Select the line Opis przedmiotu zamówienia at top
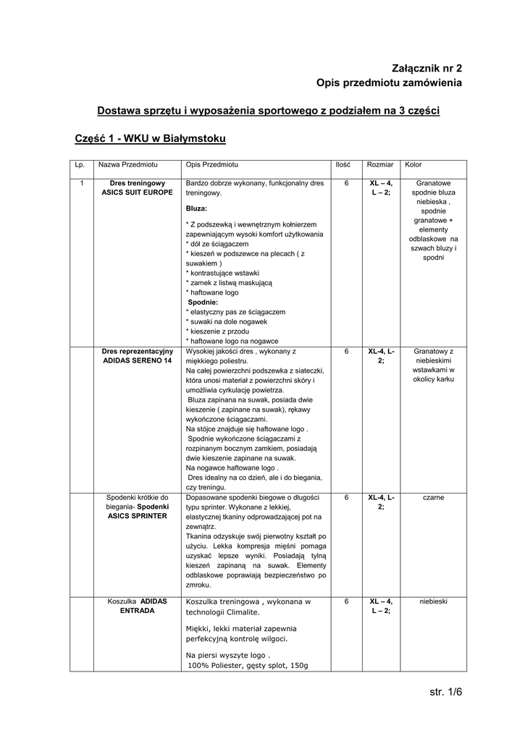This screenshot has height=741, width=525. tap(389, 83)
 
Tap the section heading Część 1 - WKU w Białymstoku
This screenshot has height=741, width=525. tap(151, 137)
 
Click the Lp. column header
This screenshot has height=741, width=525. tap(80, 166)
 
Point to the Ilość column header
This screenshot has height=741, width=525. tap(343, 166)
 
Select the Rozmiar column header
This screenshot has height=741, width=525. tap(380, 166)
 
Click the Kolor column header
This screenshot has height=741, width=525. tap(413, 166)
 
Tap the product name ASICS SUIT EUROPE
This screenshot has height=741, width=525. tap(138, 193)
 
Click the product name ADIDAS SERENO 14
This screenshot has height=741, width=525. tap(138, 360)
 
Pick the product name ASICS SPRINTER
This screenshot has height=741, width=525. tap(138, 517)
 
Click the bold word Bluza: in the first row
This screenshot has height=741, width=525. tap(196, 208)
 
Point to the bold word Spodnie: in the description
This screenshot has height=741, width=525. tap(203, 302)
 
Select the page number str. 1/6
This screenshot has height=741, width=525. tap(445, 693)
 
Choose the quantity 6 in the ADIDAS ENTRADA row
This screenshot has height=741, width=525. tap(347, 601)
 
